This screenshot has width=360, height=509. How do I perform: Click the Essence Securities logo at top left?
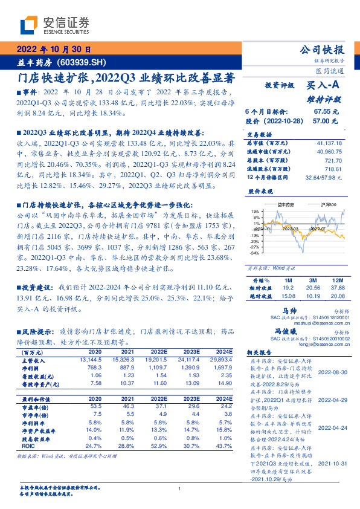coord(55,25)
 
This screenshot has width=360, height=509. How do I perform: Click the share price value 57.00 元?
coord(326,121)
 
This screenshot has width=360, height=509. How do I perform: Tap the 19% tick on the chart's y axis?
coord(256,211)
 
